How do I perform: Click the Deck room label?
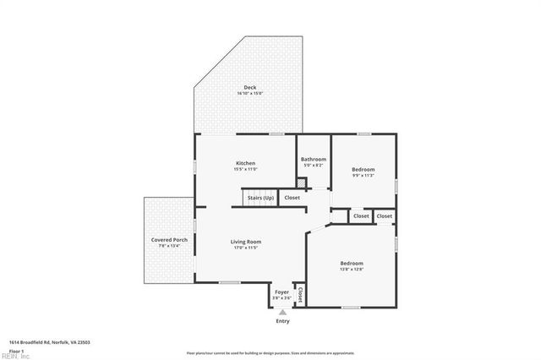point(249,87)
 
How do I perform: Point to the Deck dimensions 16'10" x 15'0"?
point(249,93)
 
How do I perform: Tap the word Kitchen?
point(245,163)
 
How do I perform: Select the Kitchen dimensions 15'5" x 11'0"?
point(245,169)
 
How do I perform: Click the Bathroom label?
point(314,159)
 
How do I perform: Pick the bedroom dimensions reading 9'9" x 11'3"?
point(363,176)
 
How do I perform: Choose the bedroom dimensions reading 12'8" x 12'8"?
point(352,269)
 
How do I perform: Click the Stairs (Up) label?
point(260,198)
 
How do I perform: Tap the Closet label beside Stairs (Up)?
point(292,198)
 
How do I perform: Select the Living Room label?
point(246,242)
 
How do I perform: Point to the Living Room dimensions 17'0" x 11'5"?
point(246,248)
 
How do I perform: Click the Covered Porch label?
point(169,240)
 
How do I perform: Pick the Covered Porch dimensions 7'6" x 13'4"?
point(169,246)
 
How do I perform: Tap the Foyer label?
point(281,292)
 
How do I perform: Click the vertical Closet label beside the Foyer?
point(300,294)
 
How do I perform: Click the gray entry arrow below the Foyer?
point(282,311)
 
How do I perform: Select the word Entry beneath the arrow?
point(282,321)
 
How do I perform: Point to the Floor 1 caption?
point(16,350)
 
